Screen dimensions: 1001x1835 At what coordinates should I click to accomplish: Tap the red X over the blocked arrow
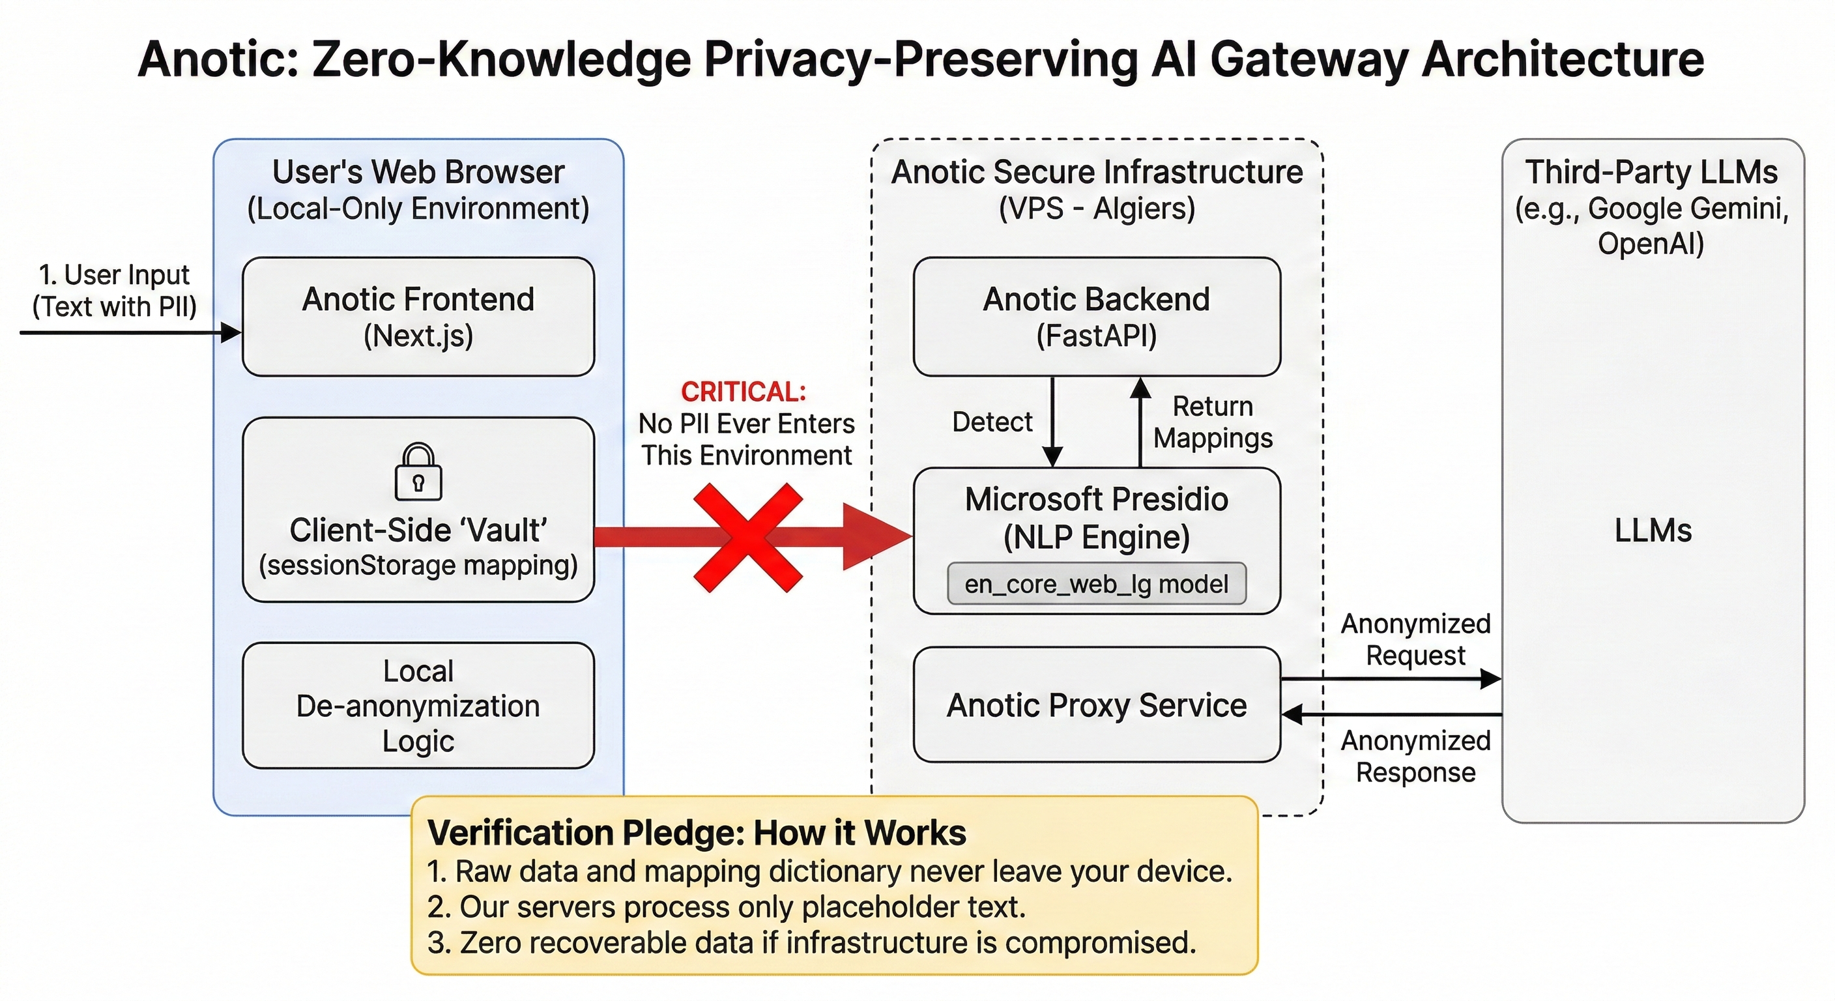click(747, 538)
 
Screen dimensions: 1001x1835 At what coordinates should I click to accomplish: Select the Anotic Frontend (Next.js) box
click(418, 316)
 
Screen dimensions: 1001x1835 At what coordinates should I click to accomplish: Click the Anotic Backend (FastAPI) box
click(1096, 316)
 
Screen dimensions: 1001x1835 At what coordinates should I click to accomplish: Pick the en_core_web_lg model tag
click(1096, 583)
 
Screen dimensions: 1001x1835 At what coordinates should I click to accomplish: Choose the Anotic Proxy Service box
click(1096, 704)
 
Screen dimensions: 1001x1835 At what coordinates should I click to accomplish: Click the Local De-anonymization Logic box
click(418, 705)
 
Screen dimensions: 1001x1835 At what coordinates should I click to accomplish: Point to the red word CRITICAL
click(743, 391)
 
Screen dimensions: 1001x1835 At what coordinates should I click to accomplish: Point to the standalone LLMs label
click(1653, 530)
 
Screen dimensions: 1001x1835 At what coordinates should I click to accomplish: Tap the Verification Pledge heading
click(696, 832)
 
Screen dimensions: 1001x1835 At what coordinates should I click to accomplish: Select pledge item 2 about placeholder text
click(726, 907)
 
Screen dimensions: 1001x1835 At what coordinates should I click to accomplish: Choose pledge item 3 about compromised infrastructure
click(811, 942)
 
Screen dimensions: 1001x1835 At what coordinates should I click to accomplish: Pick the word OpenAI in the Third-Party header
click(1651, 244)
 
